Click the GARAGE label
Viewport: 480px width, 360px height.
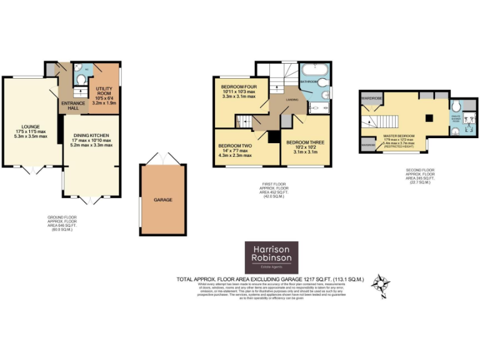[x=162, y=199]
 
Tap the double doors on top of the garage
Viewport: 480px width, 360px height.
[x=163, y=158]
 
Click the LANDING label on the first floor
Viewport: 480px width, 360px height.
[x=292, y=100]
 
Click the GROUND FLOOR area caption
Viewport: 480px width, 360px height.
[x=61, y=223]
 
